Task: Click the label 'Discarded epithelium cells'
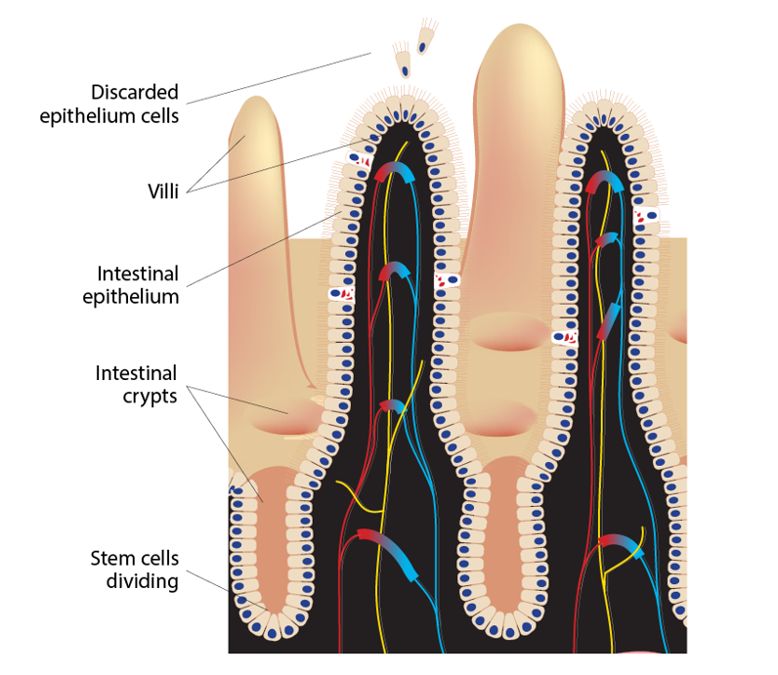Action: click(x=108, y=104)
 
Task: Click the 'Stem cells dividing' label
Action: click(x=134, y=570)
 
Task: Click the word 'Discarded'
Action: click(x=135, y=92)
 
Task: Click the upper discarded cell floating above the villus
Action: click(x=426, y=38)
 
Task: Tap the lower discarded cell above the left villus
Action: click(x=403, y=63)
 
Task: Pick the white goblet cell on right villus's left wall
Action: click(x=564, y=337)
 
